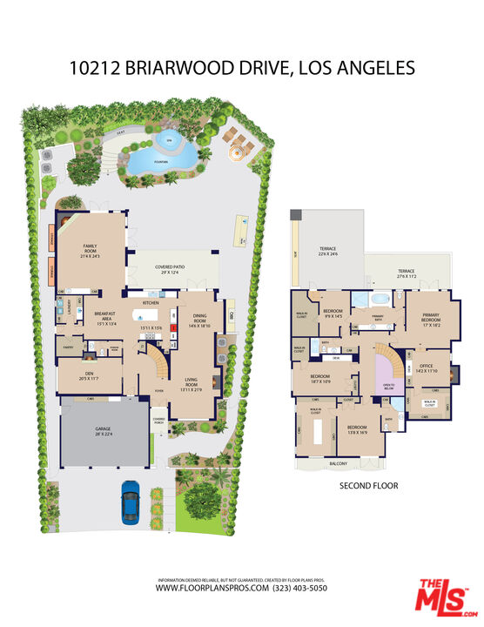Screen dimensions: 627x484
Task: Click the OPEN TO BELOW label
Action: point(388,385)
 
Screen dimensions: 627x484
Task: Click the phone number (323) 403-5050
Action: point(299,588)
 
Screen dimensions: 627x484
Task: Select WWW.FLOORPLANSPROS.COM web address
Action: point(212,588)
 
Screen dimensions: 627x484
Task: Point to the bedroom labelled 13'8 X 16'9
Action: point(356,428)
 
